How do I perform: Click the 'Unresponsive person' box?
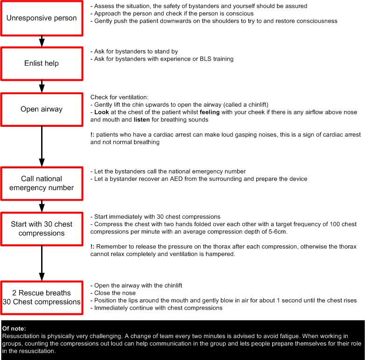pos(42,18)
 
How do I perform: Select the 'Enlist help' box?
pos(42,63)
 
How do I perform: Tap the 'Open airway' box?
pos(42,109)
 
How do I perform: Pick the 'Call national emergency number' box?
pos(42,183)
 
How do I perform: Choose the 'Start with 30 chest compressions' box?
pos(42,228)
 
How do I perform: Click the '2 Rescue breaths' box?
pos(42,297)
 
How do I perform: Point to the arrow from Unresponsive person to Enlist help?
pos(42,41)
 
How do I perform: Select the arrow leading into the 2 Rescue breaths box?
pos(42,263)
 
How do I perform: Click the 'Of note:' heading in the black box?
pos(14,329)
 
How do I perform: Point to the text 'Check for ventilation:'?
pos(119,97)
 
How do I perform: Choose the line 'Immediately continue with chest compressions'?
pos(158,308)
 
